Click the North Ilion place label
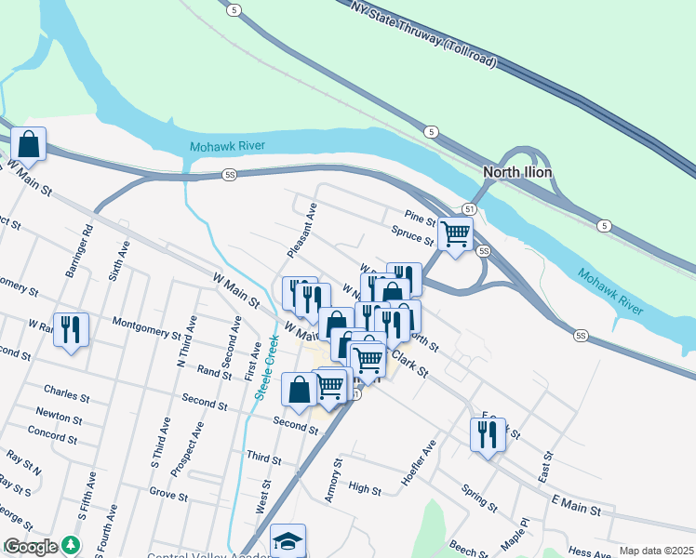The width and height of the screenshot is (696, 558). [x=517, y=172]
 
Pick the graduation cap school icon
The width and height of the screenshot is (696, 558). [x=288, y=541]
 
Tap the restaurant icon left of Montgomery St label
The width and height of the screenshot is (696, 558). [x=71, y=329]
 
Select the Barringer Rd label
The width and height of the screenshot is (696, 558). [x=79, y=249]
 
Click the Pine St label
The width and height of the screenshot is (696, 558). [x=420, y=219]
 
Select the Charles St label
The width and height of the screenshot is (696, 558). [x=65, y=394]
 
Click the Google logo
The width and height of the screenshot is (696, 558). [x=31, y=547]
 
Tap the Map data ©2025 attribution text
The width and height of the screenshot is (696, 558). [x=657, y=551]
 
